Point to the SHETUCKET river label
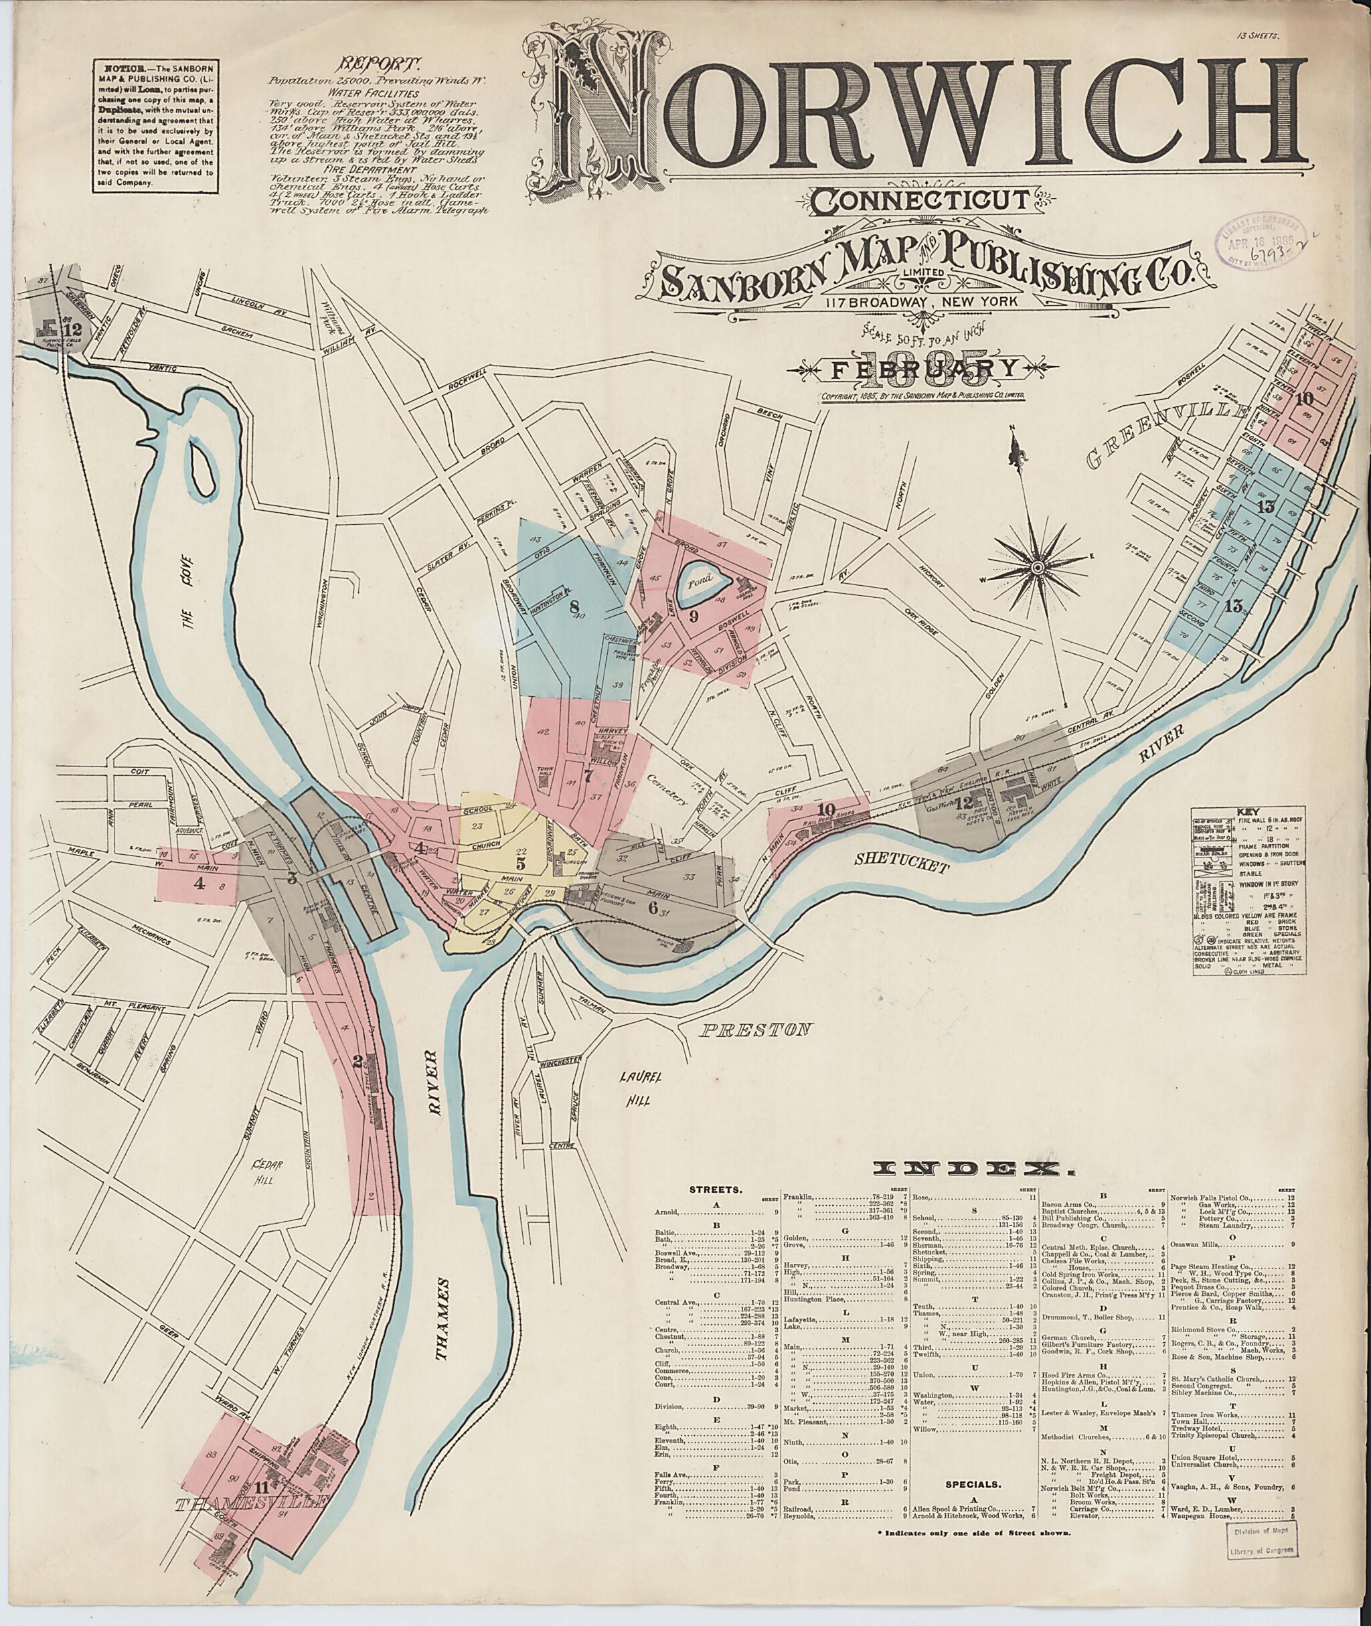[x=903, y=864]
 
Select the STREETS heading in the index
[x=714, y=1212]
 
